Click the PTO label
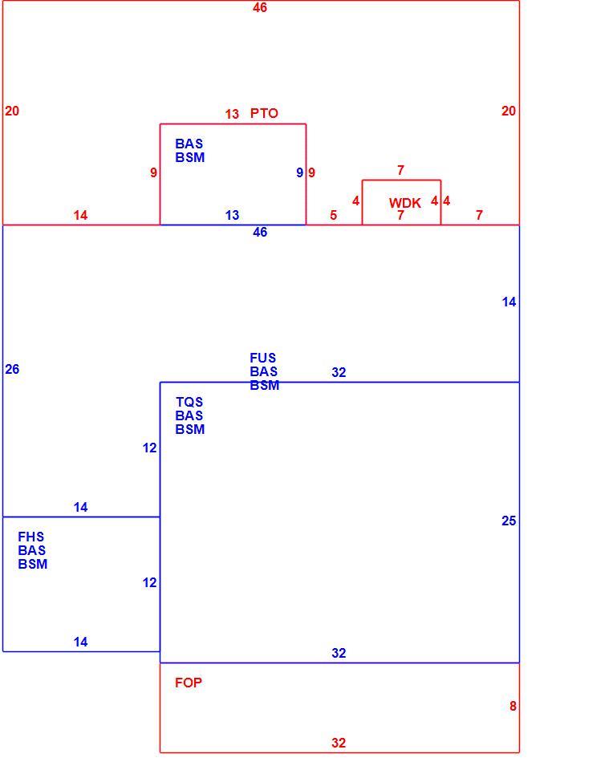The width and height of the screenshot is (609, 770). coord(264,113)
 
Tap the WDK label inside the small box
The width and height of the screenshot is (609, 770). coord(404,203)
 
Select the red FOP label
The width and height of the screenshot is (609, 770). coord(189,683)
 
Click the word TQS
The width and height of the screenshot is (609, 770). coord(189,402)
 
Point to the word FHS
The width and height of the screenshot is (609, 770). coord(31,537)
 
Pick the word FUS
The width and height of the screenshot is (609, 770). coord(262,358)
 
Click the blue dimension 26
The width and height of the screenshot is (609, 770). coord(12,369)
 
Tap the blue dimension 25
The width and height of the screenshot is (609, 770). coord(509,521)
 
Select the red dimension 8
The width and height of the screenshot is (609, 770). coord(513,706)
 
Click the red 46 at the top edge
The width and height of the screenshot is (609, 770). coord(260,7)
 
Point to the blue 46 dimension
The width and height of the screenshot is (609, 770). coord(260,232)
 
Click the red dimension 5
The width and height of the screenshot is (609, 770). coord(334,215)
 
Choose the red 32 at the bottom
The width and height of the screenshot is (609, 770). coord(339,743)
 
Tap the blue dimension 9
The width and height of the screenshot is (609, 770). coord(299,173)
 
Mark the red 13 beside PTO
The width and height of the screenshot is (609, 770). coord(232,114)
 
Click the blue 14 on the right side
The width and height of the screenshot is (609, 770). coord(509,302)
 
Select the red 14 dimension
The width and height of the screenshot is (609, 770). coord(80,215)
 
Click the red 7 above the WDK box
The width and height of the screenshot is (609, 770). coord(400,170)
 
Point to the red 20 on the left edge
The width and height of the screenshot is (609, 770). coord(12,111)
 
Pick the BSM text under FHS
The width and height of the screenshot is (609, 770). coord(32,564)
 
